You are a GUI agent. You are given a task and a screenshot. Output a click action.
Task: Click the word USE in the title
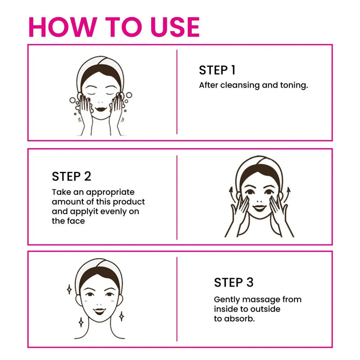coord(175,27)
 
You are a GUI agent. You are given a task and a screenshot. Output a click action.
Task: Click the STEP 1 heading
coord(217,70)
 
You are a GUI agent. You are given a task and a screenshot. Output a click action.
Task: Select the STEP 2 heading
coord(72,176)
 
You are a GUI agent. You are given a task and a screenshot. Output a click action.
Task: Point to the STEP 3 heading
coord(234,282)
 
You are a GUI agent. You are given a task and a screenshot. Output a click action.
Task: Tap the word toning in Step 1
coord(294,85)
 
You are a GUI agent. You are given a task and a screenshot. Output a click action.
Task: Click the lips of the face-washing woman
coord(100,109)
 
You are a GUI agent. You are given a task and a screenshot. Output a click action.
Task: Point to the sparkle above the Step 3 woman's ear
coord(69,289)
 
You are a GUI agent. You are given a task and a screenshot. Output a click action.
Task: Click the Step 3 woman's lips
coord(99,311)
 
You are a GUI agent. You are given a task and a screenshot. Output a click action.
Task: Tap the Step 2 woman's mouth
coord(260,208)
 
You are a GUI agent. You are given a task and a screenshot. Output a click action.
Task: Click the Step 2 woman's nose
coord(260,201)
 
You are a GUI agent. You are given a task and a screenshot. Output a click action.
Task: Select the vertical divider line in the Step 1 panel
coord(177,92)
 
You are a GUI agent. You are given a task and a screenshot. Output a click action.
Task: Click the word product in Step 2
coord(129,202)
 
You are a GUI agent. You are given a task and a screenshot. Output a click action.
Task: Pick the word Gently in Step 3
coord(227,300)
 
